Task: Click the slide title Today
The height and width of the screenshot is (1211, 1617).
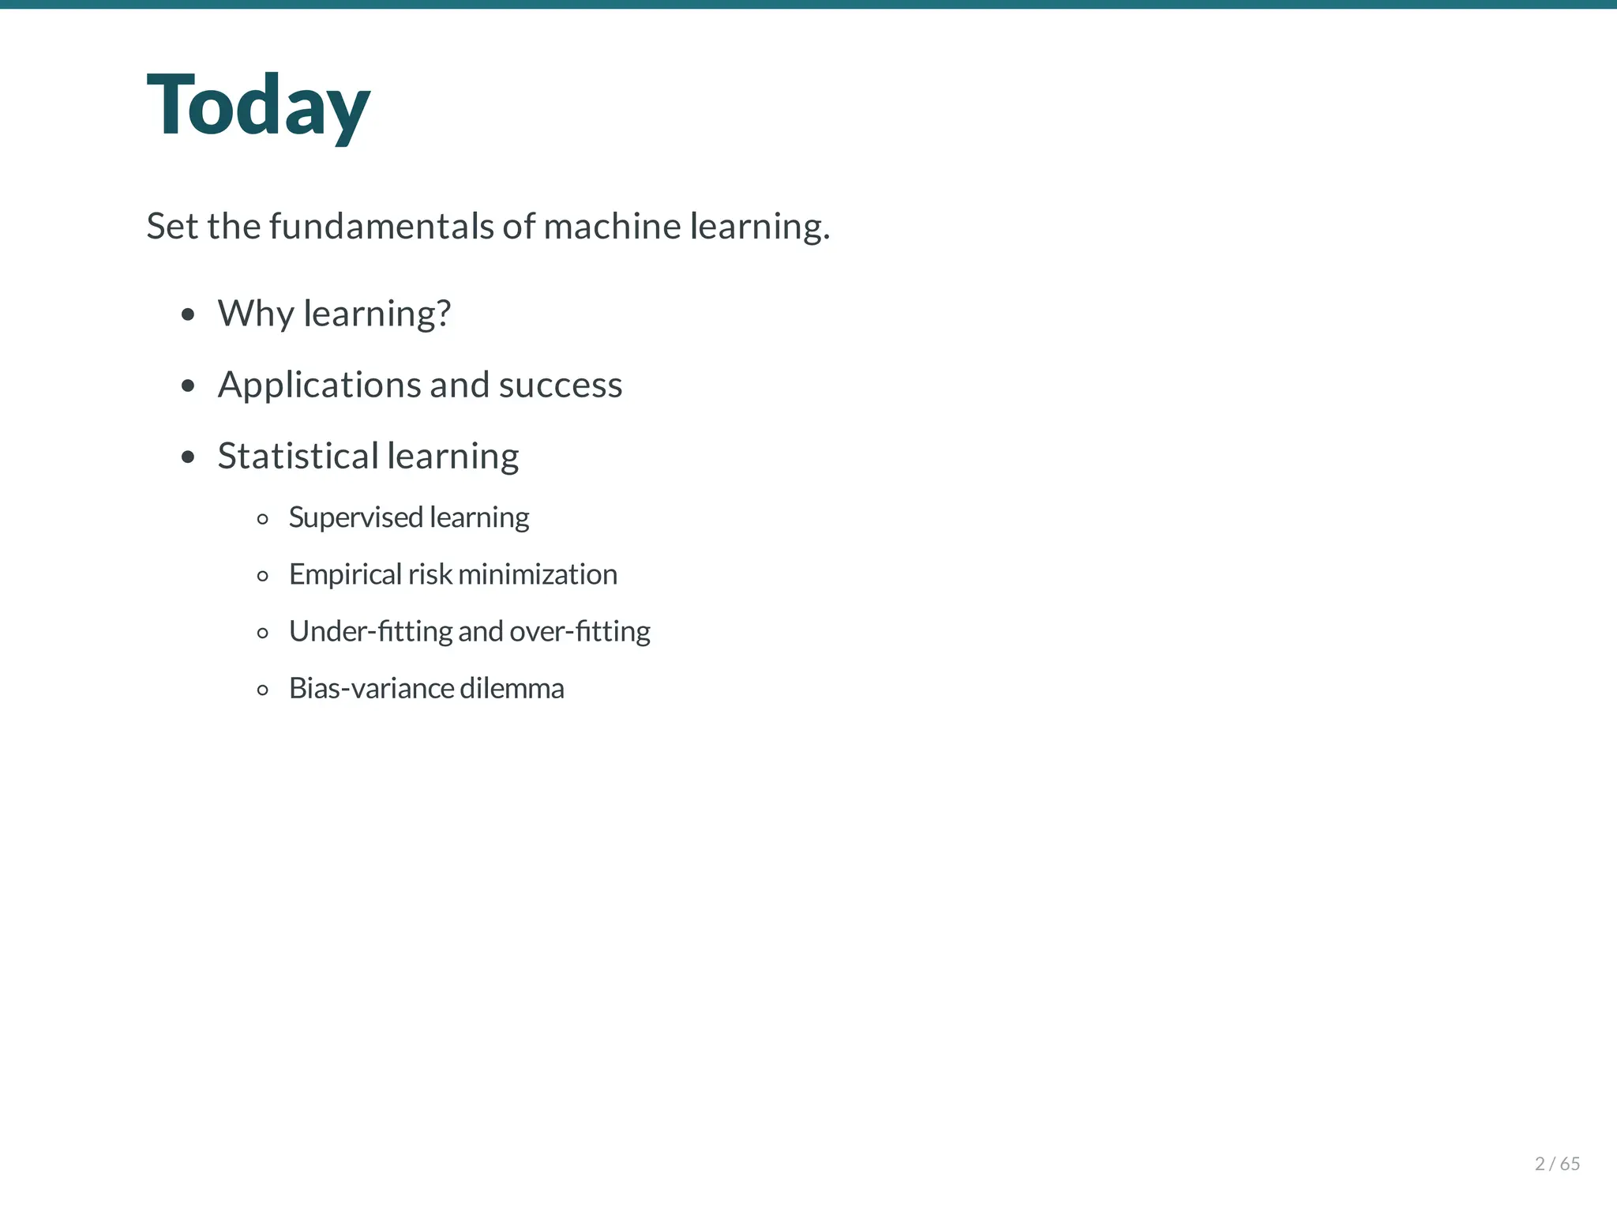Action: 258,106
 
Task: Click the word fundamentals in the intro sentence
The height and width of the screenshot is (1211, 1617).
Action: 382,227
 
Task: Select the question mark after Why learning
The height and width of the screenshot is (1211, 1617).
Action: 443,314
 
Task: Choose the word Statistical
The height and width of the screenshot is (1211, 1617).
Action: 298,457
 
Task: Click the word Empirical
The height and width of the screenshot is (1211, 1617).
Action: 345,574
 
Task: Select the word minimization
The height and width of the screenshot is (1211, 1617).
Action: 537,574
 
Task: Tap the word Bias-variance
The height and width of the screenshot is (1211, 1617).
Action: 371,688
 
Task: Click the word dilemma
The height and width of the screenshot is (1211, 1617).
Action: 512,688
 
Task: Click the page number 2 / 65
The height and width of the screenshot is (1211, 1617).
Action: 1557,1164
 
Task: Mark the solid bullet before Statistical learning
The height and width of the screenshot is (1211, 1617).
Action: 188,457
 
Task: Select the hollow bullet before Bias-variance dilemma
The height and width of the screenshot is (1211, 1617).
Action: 263,690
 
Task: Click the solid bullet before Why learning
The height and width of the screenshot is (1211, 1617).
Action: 188,314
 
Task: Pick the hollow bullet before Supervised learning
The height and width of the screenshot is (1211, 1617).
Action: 263,519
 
